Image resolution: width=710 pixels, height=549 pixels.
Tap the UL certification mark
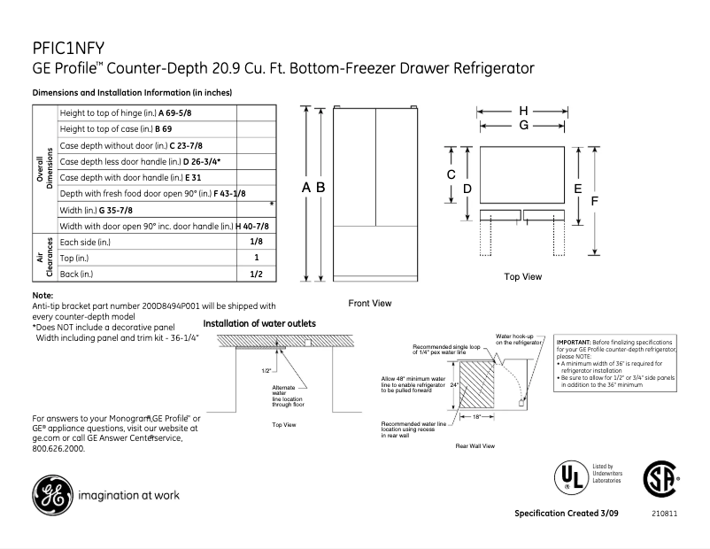[x=570, y=476]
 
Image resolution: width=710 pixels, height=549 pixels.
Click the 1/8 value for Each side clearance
[x=256, y=242]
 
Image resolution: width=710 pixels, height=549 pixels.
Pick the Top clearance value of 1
[x=256, y=258]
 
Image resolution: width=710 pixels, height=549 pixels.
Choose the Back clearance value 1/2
[x=256, y=274]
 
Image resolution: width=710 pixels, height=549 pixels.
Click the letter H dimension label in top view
[x=523, y=111]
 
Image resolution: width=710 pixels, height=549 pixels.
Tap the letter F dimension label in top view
[x=595, y=201]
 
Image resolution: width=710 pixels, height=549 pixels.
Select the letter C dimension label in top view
[x=451, y=175]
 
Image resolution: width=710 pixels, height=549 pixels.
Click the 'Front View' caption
[x=369, y=304]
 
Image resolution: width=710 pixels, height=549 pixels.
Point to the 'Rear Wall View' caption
[x=475, y=445]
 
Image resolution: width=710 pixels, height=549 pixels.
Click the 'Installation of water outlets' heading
[x=259, y=324]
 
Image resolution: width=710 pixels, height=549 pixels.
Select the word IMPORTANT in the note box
[x=577, y=342]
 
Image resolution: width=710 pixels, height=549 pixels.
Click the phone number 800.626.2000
[x=58, y=449]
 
